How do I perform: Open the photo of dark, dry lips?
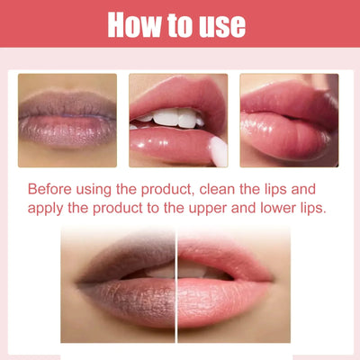[x=67, y=120]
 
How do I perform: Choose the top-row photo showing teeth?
[x=178, y=120]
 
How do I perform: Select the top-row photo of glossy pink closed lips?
[x=289, y=120]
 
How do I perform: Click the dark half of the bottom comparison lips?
[x=126, y=283]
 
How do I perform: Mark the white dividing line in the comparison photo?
[x=177, y=283]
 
